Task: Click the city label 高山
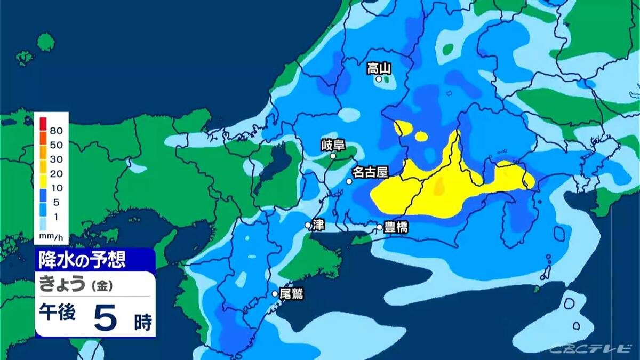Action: coord(379,68)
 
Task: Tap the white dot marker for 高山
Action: coord(379,79)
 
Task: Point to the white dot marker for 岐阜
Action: coord(333,156)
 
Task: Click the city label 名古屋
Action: coord(370,172)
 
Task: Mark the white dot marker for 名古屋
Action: coord(349,181)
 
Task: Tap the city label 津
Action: coord(318,225)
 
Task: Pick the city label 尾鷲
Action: coord(291,293)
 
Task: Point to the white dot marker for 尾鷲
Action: coord(275,293)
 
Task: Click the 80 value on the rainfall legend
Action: coord(56,131)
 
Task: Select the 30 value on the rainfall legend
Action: coord(56,159)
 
